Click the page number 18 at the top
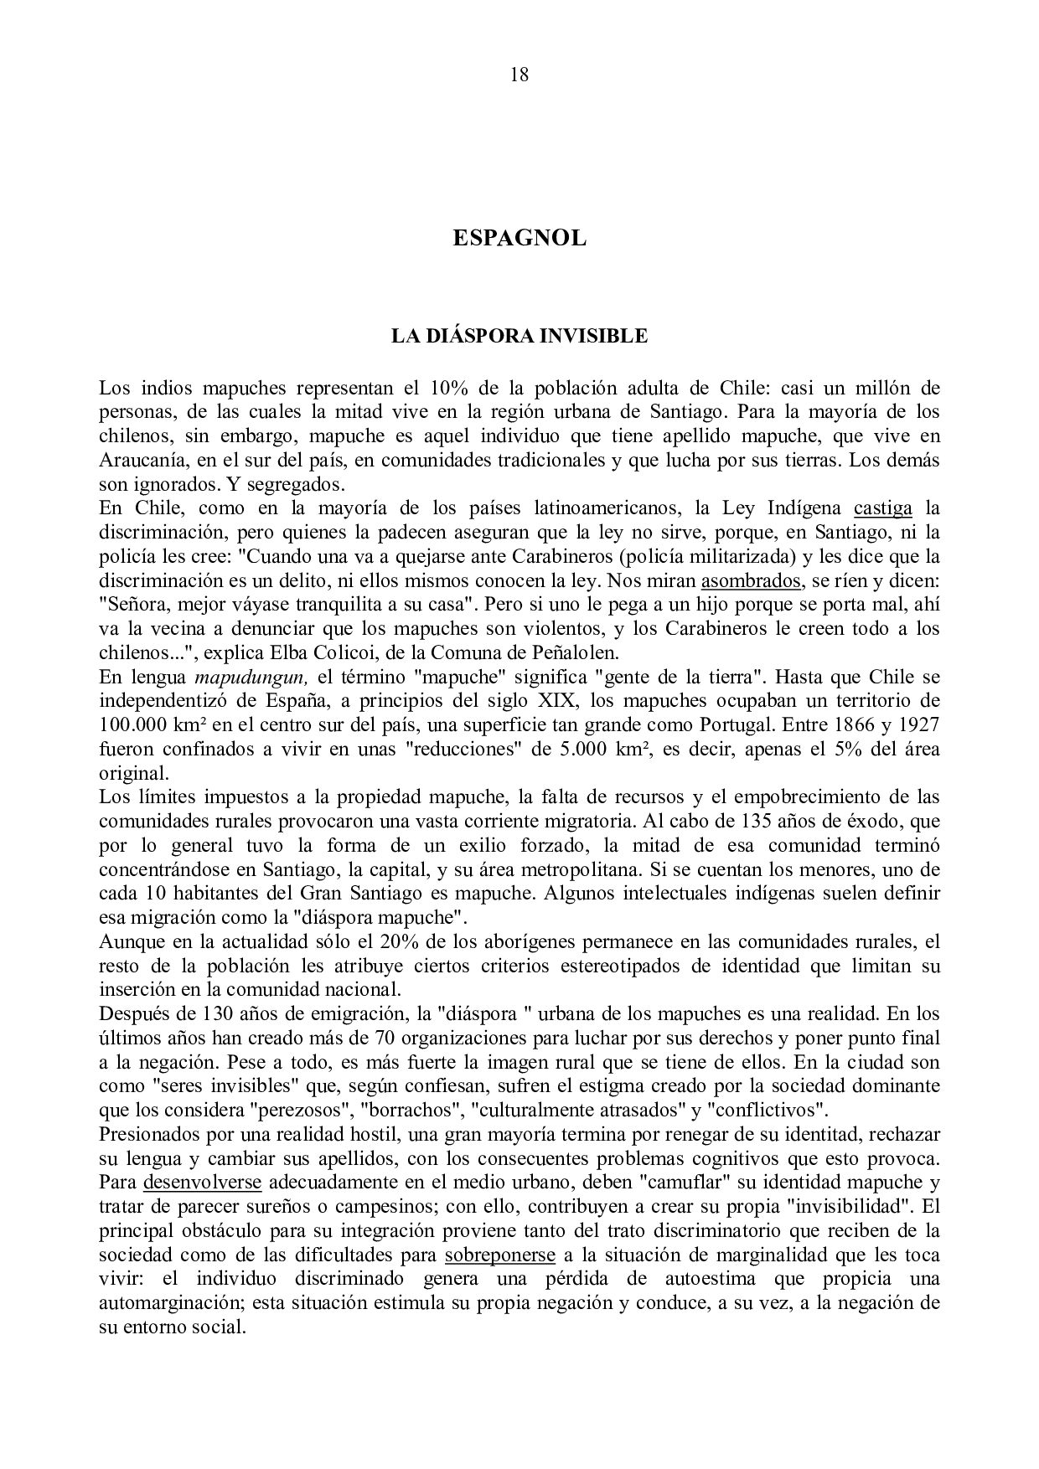click(x=519, y=75)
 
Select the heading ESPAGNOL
click(x=519, y=239)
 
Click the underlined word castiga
click(x=882, y=508)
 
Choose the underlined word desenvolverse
click(x=203, y=1183)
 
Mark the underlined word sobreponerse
click(x=500, y=1255)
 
